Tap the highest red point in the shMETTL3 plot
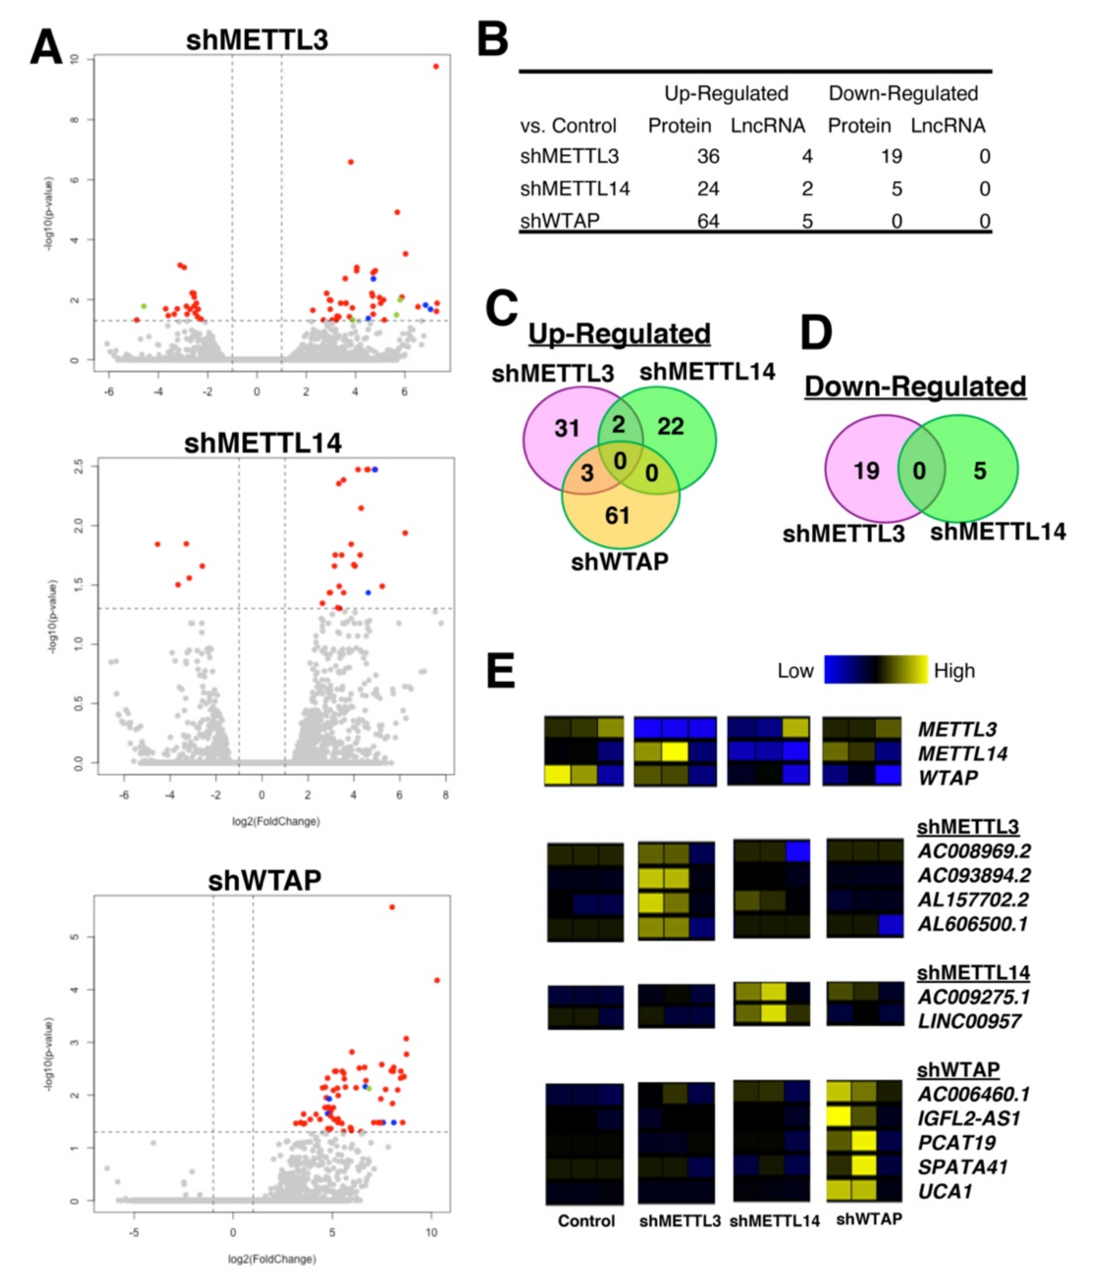pyautogui.click(x=436, y=66)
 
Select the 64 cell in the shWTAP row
pyautogui.click(x=708, y=221)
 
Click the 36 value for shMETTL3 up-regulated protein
pyautogui.click(x=708, y=157)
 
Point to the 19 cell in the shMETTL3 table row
pyautogui.click(x=891, y=157)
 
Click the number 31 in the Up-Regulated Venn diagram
pyautogui.click(x=566, y=428)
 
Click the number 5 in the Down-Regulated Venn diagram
pyautogui.click(x=980, y=471)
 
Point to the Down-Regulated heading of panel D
pyautogui.click(x=915, y=387)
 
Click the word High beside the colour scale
pyautogui.click(x=954, y=671)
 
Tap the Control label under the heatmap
pyautogui.click(x=586, y=1221)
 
